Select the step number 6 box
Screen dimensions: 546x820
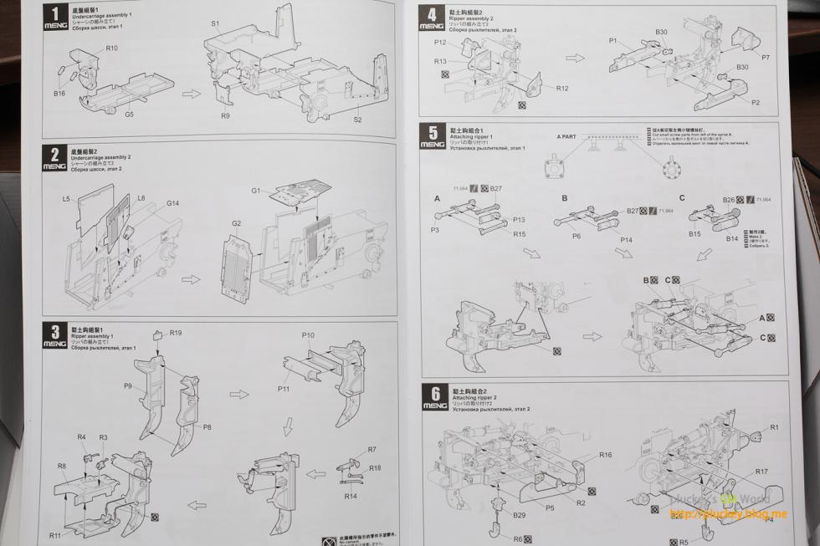click(x=433, y=393)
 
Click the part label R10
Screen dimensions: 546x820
click(x=112, y=48)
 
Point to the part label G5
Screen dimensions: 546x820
click(x=130, y=114)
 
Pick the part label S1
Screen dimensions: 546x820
click(x=215, y=24)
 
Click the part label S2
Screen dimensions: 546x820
click(x=357, y=120)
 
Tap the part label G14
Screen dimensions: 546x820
click(x=172, y=203)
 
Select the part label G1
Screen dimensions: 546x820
click(x=257, y=191)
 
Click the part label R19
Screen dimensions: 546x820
click(x=176, y=333)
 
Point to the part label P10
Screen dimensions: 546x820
click(x=308, y=335)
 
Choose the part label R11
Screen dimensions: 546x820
click(x=54, y=535)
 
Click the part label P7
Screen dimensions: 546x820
click(x=766, y=57)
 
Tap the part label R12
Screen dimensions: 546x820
click(x=562, y=88)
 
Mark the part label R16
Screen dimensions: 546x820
click(x=605, y=455)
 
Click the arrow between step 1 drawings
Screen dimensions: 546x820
click(x=192, y=93)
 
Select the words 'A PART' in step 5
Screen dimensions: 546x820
click(x=566, y=135)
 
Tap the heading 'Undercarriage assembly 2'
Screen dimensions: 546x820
click(x=101, y=157)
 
